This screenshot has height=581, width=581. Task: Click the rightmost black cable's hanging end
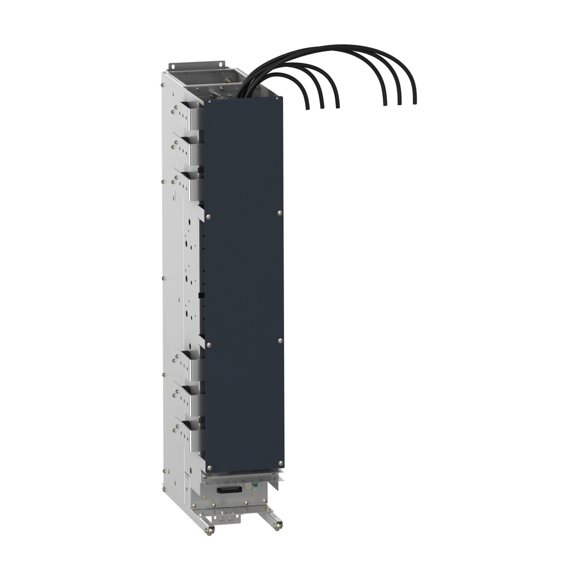pos(415,103)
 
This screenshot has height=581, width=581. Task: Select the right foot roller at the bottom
pos(281,525)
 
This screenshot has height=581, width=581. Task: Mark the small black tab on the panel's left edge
pos(200,296)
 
